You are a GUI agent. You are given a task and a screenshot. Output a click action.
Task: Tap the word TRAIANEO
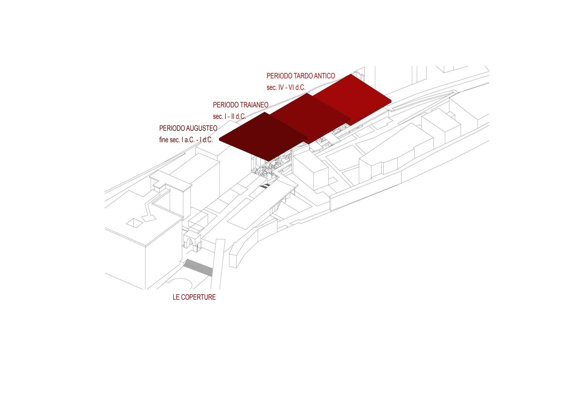(254, 105)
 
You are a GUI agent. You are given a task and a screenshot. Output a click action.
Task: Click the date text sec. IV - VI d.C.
(286, 87)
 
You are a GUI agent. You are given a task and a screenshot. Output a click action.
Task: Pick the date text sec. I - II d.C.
(229, 117)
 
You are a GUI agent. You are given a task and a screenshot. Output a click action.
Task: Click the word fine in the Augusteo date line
(164, 140)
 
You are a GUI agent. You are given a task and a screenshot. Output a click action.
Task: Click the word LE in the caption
(176, 297)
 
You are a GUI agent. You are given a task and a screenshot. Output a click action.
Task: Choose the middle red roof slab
(310, 118)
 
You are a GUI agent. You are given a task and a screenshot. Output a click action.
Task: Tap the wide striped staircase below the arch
(199, 267)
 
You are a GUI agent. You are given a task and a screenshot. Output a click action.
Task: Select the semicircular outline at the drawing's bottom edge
(180, 283)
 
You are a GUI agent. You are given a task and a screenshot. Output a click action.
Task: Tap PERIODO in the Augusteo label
(172, 128)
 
